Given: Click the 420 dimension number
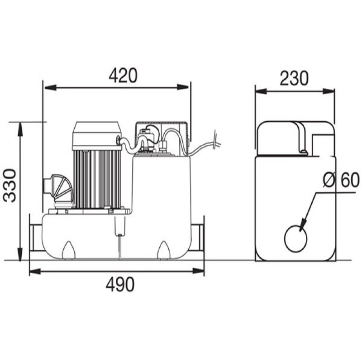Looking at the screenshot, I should click(123, 75).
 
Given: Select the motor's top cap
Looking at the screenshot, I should click(97, 133).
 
